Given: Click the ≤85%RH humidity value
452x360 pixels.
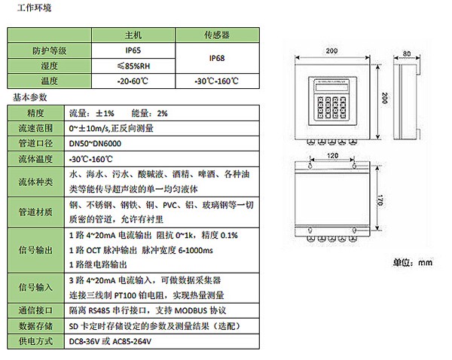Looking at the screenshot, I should point(133,65).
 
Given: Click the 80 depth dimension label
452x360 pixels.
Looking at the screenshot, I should point(406,54).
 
